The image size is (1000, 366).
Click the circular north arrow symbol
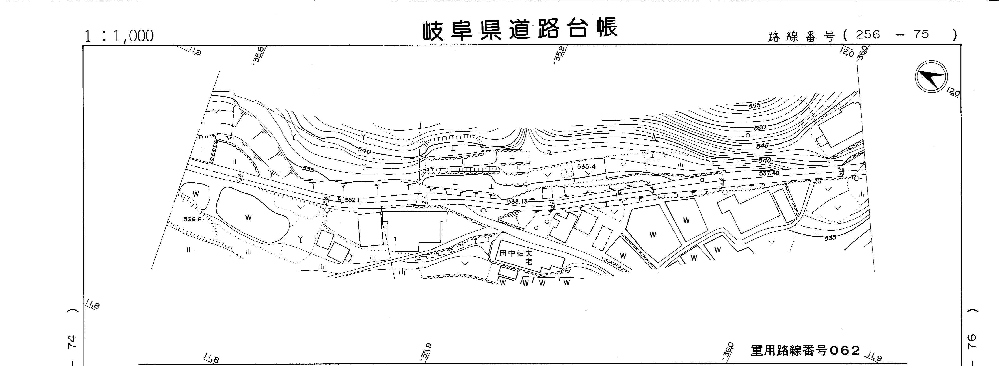[x=931, y=77]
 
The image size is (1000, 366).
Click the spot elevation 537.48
[x=769, y=173]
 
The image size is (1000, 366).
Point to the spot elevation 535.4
[x=586, y=166]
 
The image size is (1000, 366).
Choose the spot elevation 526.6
[x=193, y=219]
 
